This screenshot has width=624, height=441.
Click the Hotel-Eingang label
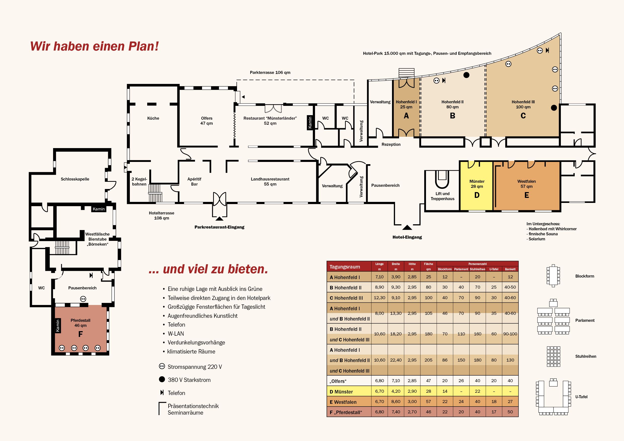tap(407, 237)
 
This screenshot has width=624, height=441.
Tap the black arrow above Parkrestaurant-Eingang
tap(219, 218)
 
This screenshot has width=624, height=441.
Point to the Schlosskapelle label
tap(75, 179)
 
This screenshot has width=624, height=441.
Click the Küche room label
tap(153, 118)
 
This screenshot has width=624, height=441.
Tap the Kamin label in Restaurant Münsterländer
tap(310, 123)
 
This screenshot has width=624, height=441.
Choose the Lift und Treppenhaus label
tap(442, 196)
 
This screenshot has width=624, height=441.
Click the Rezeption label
tap(391, 145)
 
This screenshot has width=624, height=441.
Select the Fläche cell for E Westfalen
tap(428, 401)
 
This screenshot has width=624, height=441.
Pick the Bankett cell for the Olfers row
tap(510, 381)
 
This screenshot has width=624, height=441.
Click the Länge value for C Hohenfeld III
tap(379, 298)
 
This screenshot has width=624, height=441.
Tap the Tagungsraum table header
tap(345, 267)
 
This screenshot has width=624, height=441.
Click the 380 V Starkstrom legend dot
tap(162, 379)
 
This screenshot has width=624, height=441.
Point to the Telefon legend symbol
tap(162, 392)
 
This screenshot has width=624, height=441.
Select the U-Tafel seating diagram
tap(553, 397)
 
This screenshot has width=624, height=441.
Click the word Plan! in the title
tap(143, 46)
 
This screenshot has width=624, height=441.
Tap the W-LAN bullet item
tap(176, 333)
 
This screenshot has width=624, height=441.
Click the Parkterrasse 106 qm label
tap(270, 72)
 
